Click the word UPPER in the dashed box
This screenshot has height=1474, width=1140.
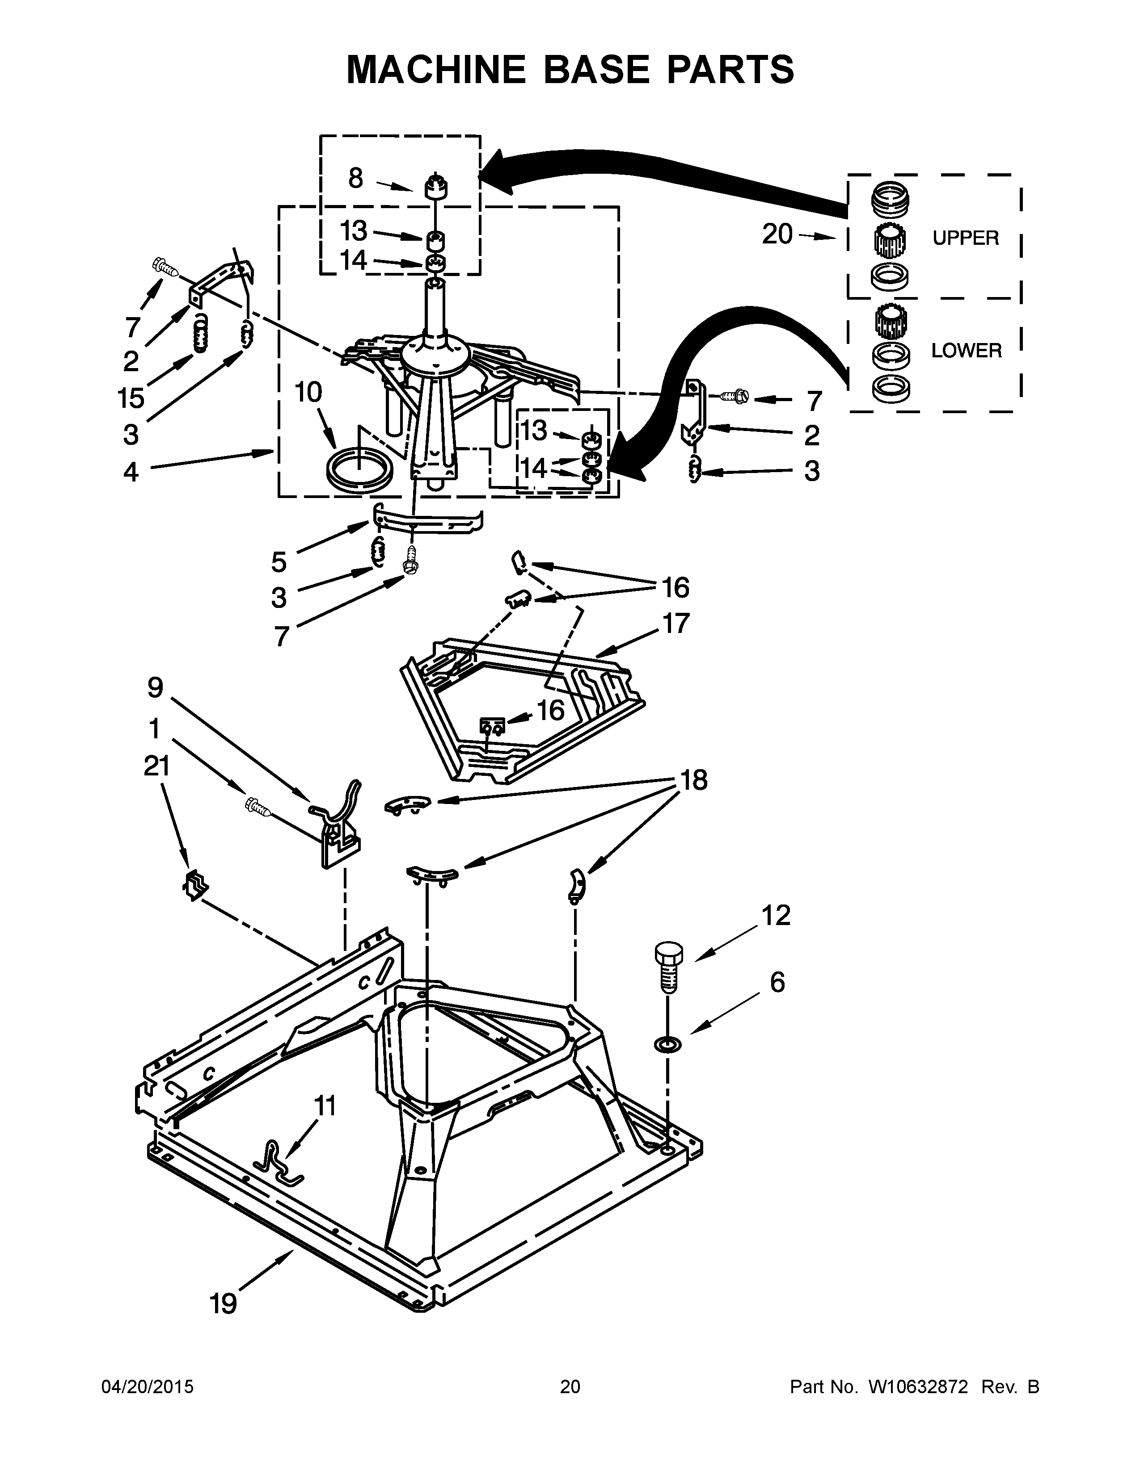[x=965, y=238]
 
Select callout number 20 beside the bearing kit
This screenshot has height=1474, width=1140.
[x=777, y=234]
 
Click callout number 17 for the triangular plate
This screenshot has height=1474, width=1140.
[x=676, y=623]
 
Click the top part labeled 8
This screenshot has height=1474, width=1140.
[x=437, y=186]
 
